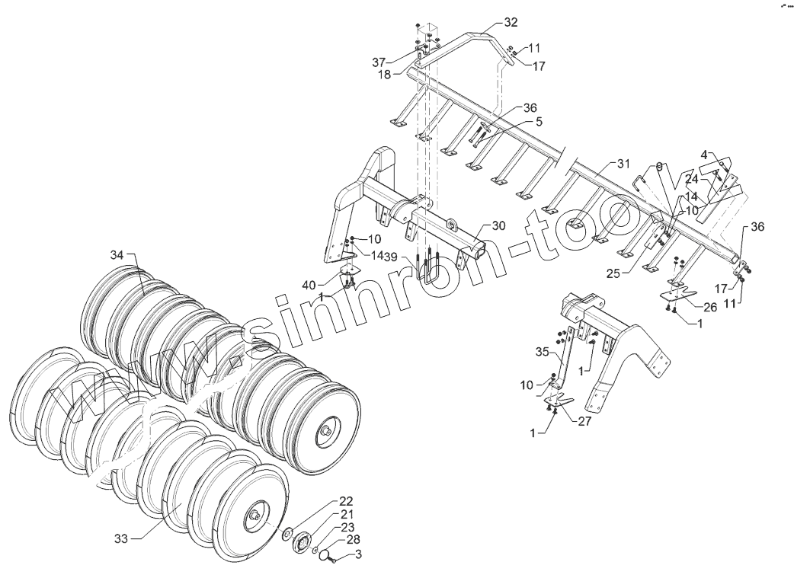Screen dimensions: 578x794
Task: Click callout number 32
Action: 511,22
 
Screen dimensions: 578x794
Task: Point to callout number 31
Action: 623,164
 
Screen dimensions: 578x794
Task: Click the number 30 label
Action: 498,226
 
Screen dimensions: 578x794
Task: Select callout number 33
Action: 121,539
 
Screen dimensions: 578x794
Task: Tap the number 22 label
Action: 346,501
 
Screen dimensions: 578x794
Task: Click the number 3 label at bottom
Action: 358,555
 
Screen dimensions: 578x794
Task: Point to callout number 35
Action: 542,353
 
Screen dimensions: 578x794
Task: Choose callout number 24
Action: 691,180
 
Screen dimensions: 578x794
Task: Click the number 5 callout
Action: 517,121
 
